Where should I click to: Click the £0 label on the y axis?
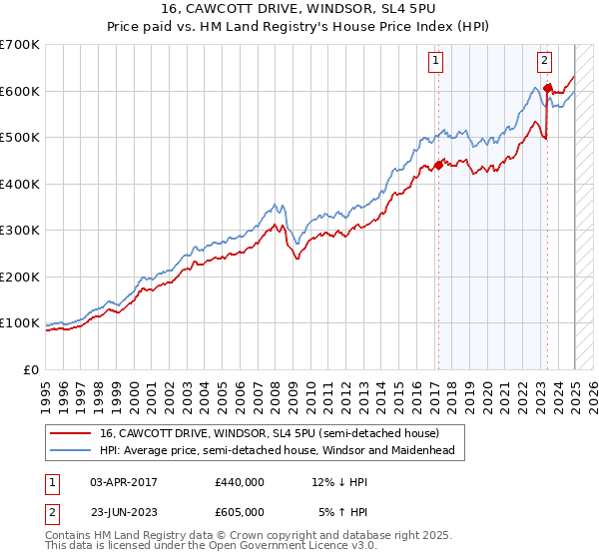[x=32, y=369]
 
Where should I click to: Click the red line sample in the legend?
[x=70, y=433]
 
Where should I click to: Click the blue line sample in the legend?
[x=70, y=450]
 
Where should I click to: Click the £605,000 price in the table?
[x=239, y=511]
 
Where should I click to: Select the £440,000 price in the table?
[x=239, y=482]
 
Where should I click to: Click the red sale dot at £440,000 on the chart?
[x=438, y=166]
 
